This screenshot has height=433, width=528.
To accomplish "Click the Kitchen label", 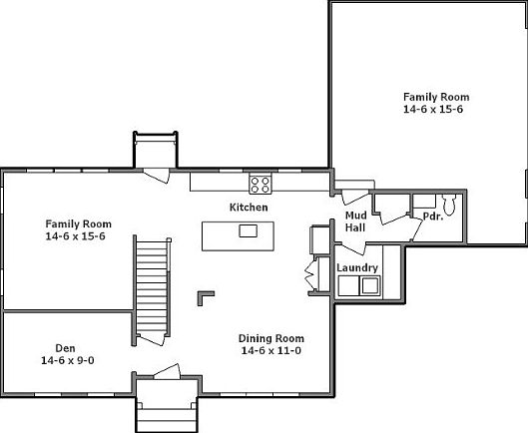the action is pyautogui.click(x=249, y=208).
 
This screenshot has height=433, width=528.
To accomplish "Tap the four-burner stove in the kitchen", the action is pyautogui.click(x=261, y=185).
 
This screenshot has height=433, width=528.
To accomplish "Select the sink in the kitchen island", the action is pyautogui.click(x=249, y=231).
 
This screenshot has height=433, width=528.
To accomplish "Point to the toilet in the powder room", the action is pyautogui.click(x=449, y=205).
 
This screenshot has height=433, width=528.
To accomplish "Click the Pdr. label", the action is pyautogui.click(x=433, y=216).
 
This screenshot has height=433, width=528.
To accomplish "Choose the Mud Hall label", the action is pyautogui.click(x=355, y=221).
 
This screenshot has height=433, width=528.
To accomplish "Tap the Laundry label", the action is pyautogui.click(x=357, y=268).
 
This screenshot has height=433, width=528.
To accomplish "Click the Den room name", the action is pyautogui.click(x=65, y=348).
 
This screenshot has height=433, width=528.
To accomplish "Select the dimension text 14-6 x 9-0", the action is pyautogui.click(x=68, y=360).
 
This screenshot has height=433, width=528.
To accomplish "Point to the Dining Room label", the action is pyautogui.click(x=271, y=338).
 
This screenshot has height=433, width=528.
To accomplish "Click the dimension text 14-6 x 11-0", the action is pyautogui.click(x=271, y=351).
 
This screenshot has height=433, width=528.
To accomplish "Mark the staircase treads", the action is pyautogui.click(x=152, y=286).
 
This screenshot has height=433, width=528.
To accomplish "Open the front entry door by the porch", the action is pyautogui.click(x=168, y=372).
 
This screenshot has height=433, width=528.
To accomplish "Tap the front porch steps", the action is pyautogui.click(x=167, y=420).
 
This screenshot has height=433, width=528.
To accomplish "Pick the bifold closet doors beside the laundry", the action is pyautogui.click(x=311, y=272).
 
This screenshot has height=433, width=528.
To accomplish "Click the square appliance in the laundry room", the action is pyautogui.click(x=370, y=285).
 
